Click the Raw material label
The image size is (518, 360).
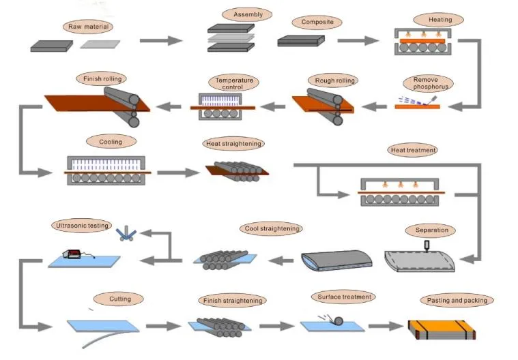point(88,27)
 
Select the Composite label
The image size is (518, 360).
point(317,22)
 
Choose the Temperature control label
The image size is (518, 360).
point(234,84)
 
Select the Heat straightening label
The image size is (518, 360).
point(233,144)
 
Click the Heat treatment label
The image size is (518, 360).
point(413,149)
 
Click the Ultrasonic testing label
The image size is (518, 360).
point(81,226)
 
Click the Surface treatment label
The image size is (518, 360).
point(344,297)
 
